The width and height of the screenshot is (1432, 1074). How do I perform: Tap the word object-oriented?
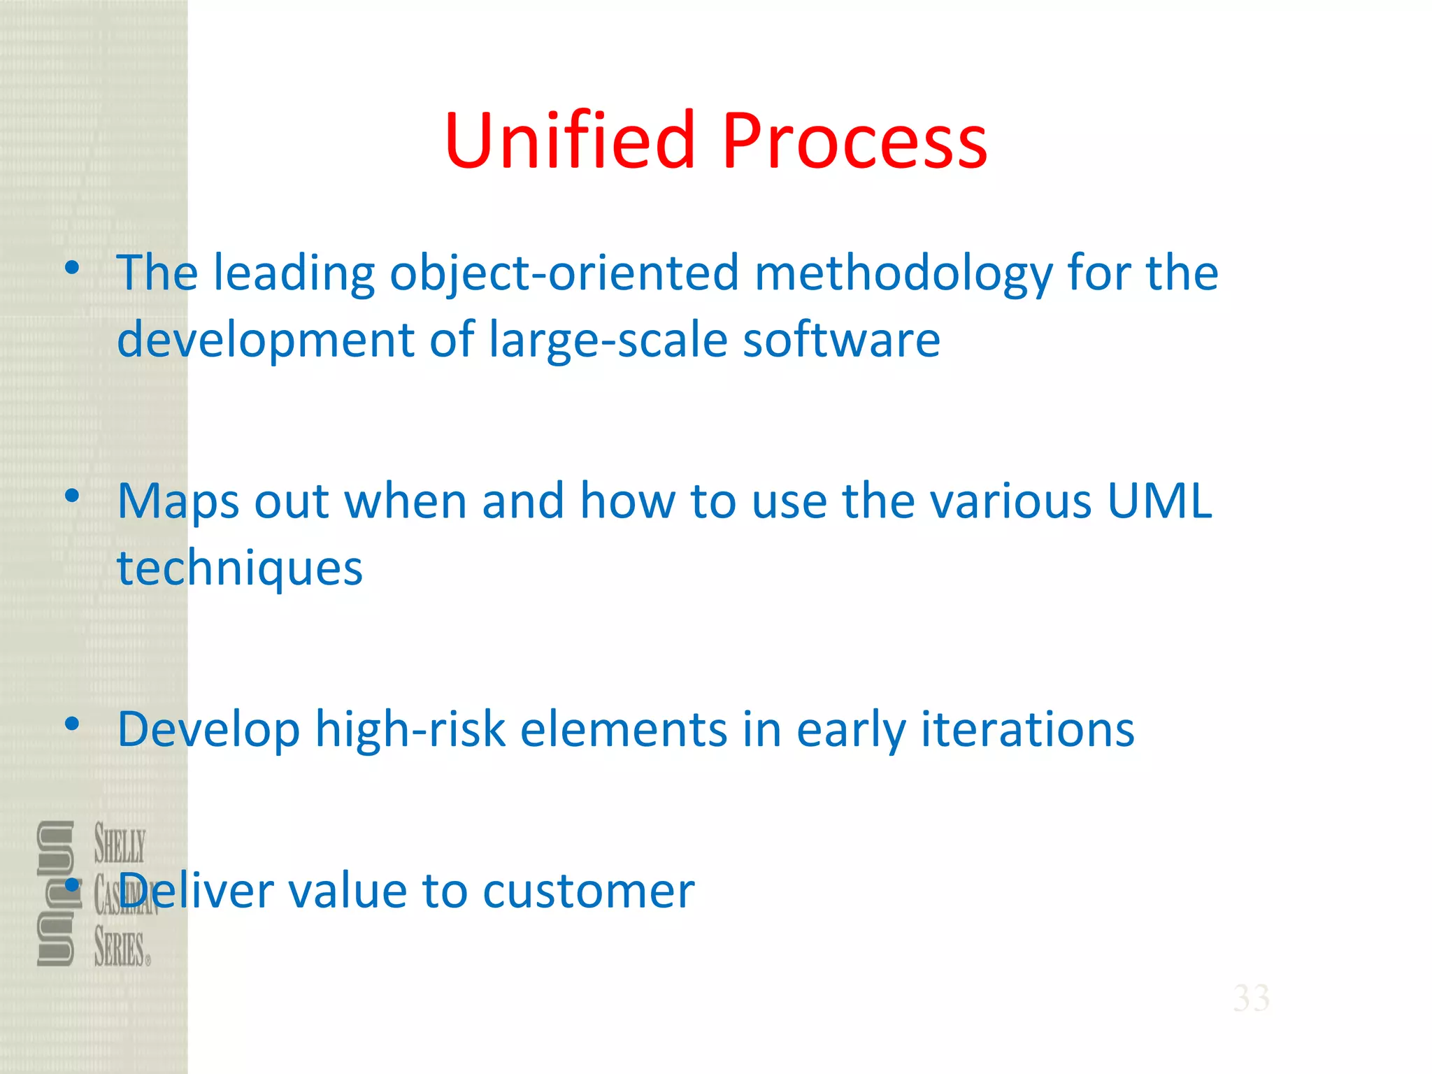[x=564, y=273]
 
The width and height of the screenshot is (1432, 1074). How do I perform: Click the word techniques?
[x=240, y=568]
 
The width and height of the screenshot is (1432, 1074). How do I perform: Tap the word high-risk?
[x=410, y=729]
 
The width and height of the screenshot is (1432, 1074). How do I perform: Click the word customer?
[x=588, y=892]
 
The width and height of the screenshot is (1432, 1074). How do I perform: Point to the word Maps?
[x=178, y=502]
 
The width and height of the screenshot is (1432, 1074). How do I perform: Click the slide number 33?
[x=1251, y=998]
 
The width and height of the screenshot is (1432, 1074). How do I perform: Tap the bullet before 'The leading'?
[x=71, y=267]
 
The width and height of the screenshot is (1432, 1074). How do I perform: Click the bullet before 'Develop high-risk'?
[x=71, y=724]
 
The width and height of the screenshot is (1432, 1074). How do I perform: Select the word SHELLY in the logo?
[x=120, y=844]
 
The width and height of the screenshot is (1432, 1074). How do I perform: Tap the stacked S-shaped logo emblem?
[x=56, y=893]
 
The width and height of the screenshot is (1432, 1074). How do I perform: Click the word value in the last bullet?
[x=347, y=892]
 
